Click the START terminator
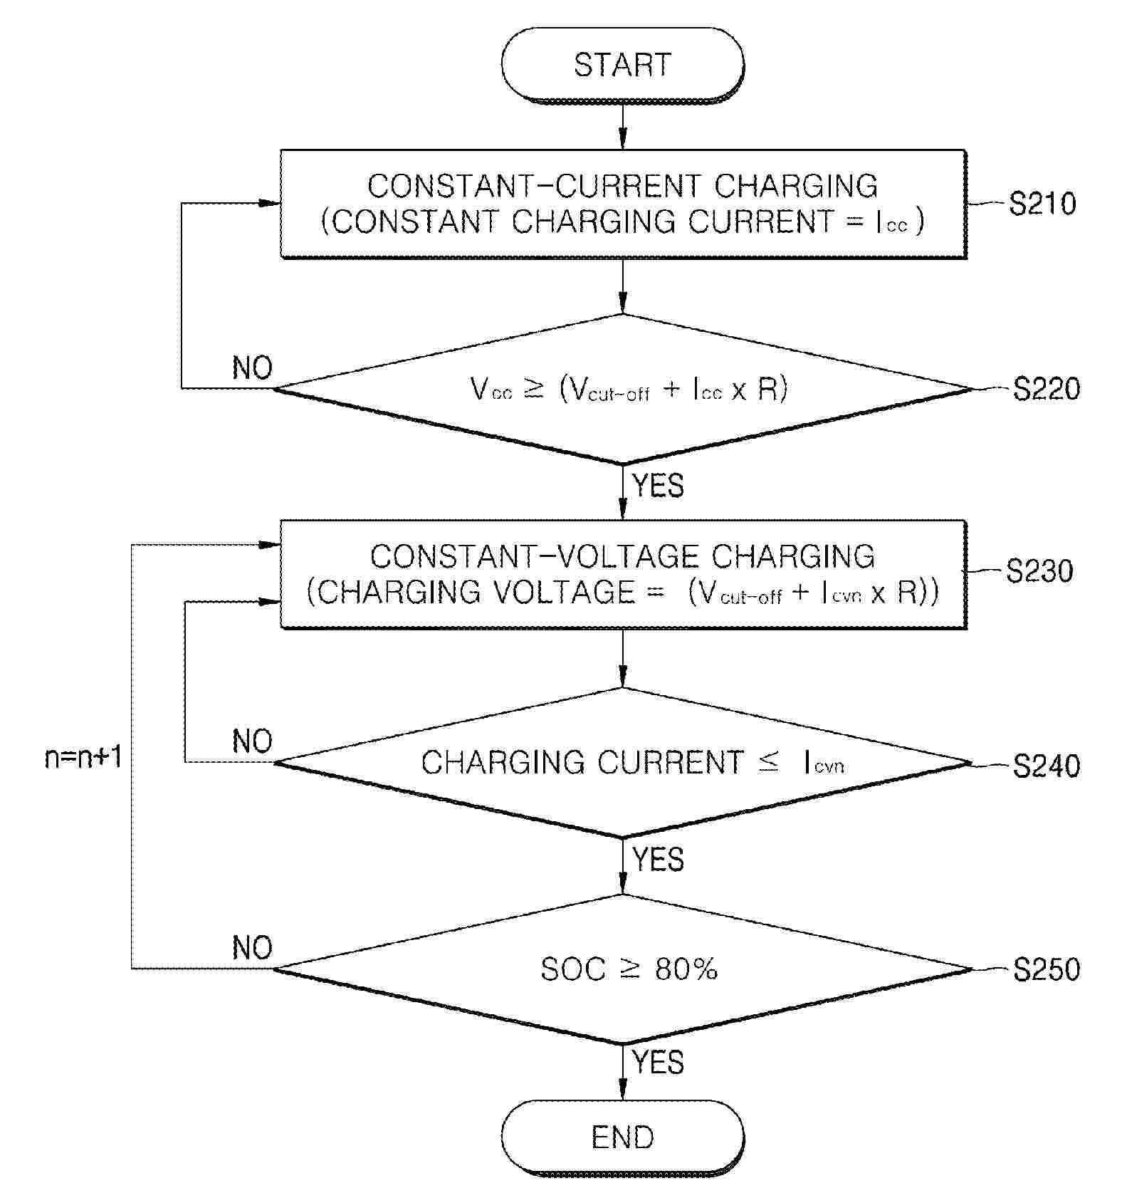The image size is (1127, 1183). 622,65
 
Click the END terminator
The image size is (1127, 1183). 622,1137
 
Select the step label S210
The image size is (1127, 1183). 1042,204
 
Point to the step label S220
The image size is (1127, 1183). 1046,389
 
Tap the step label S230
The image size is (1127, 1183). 1039,571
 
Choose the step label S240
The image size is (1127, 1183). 1046,766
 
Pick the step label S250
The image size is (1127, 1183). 1046,969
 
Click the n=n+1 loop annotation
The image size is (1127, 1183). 83,757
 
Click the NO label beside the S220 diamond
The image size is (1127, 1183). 252,368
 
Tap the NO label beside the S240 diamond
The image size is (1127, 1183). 252,741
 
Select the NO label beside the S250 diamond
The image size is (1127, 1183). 252,948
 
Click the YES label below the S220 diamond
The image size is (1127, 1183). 658,486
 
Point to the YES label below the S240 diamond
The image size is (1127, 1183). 658,860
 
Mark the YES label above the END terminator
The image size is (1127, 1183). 658,1062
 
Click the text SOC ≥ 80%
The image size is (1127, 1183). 629,969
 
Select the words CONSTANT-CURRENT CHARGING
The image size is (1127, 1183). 622,186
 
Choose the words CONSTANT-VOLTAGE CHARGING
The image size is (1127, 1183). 622,556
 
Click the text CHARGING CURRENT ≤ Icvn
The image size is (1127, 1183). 632,763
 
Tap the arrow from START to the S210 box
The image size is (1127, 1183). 623,126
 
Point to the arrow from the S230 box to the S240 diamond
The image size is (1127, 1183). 623,657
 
